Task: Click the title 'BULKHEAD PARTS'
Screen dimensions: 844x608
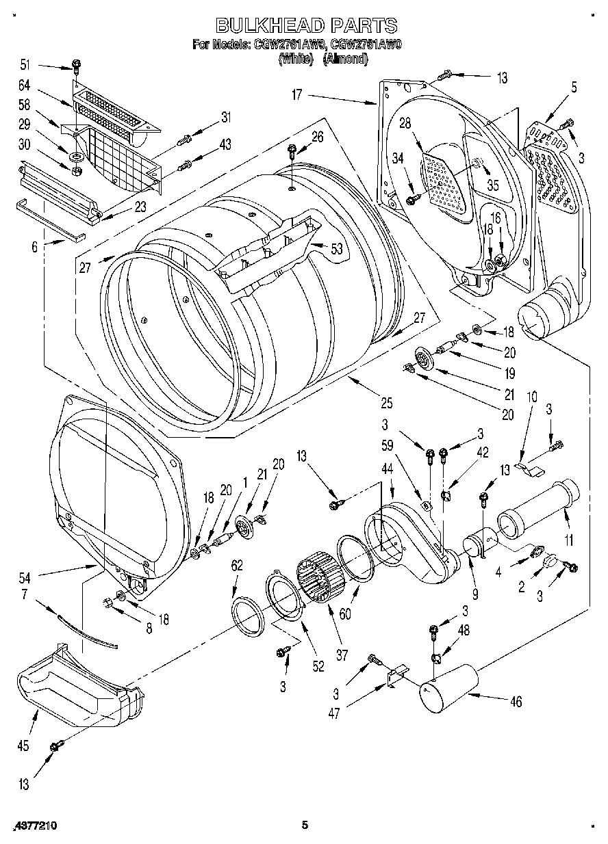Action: click(306, 26)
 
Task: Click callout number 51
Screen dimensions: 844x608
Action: click(25, 65)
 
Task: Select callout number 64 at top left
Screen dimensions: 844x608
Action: click(25, 85)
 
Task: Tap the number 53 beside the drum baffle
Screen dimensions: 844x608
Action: click(335, 249)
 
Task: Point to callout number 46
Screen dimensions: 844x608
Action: click(516, 700)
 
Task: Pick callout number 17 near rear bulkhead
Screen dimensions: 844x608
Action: click(296, 95)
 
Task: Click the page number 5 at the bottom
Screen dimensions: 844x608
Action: click(306, 826)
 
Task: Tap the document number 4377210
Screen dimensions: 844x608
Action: click(34, 826)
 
